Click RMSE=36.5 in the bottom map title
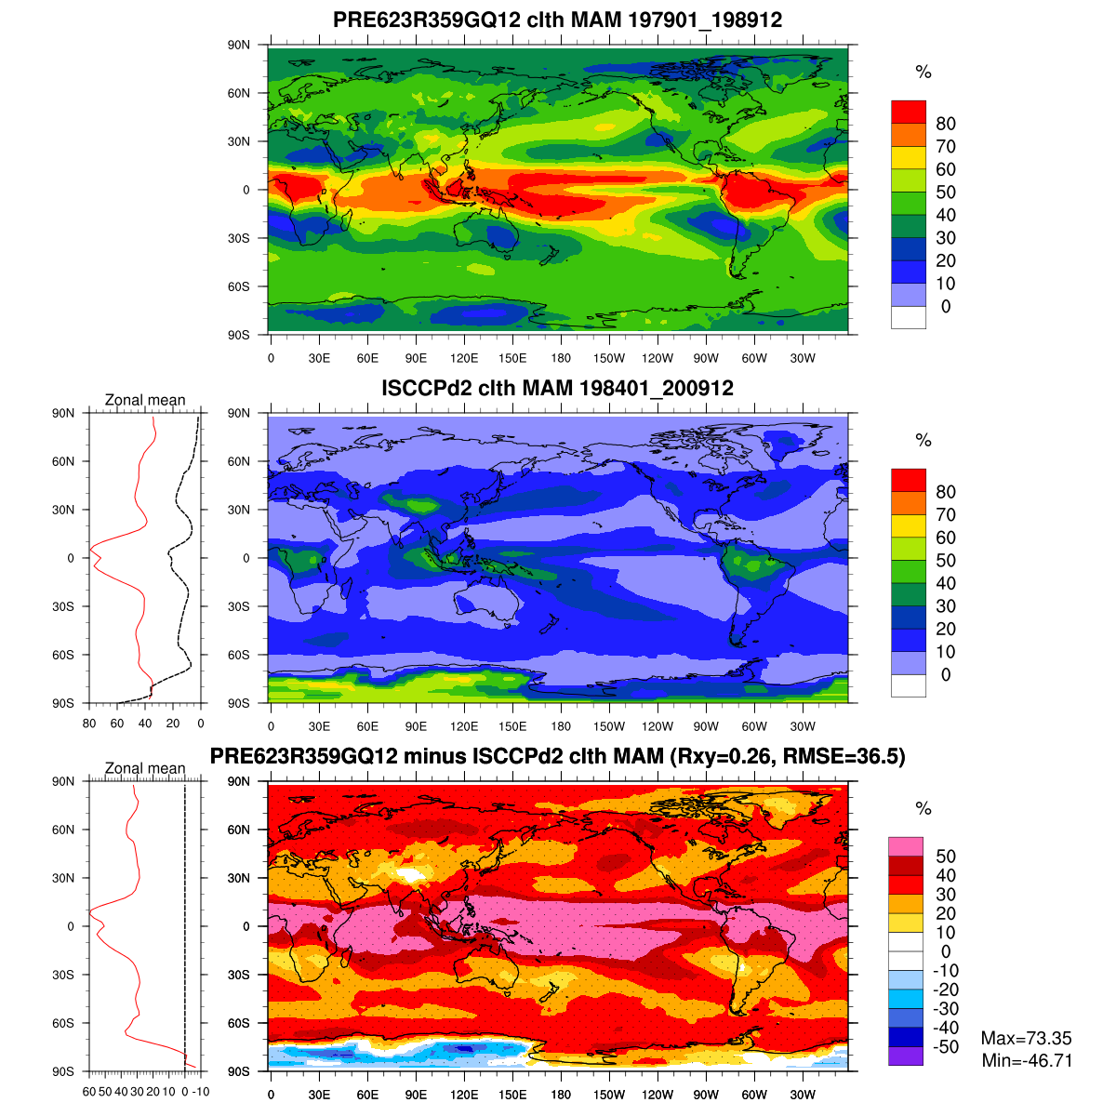click(x=844, y=756)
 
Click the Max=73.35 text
click(x=1026, y=1039)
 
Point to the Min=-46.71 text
click(x=1026, y=1060)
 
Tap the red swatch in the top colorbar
click(x=909, y=112)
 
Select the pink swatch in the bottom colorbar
click(x=906, y=846)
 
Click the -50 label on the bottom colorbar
click(x=945, y=1047)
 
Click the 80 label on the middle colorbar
click(x=945, y=492)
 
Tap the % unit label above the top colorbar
click(x=923, y=73)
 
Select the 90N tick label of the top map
click(x=239, y=45)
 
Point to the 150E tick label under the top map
click(x=512, y=359)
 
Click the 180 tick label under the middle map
click(x=561, y=727)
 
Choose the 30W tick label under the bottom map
click(x=803, y=1096)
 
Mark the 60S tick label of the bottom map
click(x=239, y=1023)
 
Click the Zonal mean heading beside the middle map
click(x=145, y=400)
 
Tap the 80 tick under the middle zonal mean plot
click(x=89, y=724)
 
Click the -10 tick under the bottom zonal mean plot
click(x=200, y=1092)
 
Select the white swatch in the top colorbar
click(x=909, y=317)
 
